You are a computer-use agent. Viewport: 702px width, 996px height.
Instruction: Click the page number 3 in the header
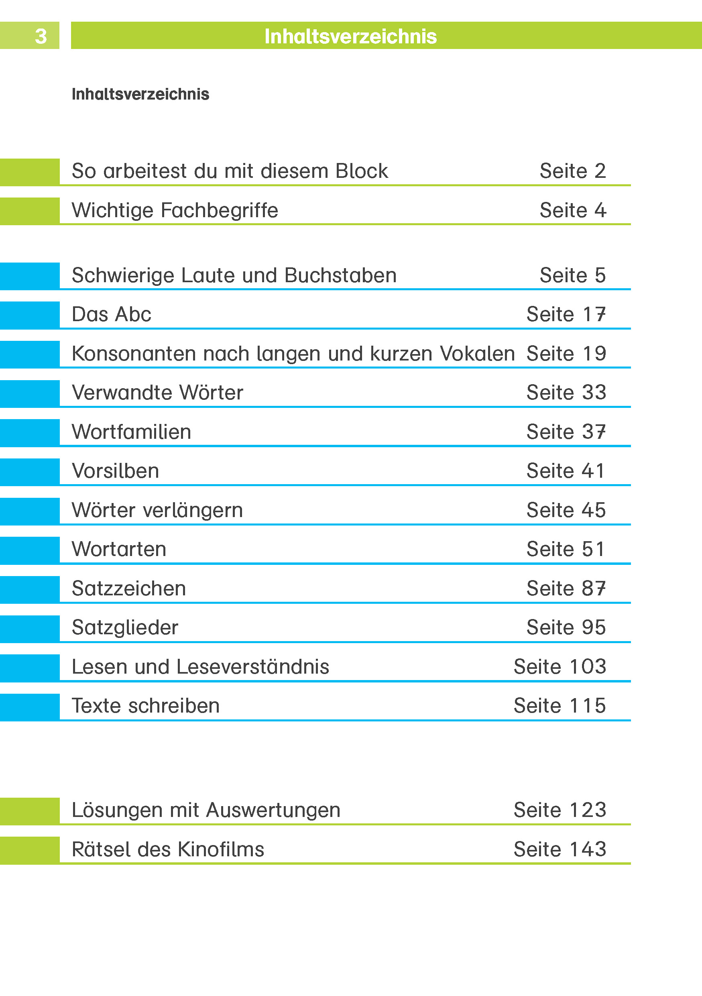pyautogui.click(x=41, y=36)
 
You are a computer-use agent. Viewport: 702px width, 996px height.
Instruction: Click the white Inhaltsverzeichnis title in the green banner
pyautogui.click(x=350, y=37)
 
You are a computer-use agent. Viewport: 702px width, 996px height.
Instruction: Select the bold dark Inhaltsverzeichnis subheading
pyautogui.click(x=140, y=94)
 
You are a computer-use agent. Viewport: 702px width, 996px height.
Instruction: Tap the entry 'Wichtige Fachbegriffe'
pyautogui.click(x=175, y=210)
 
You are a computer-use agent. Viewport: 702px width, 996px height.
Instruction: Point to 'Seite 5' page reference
pyautogui.click(x=572, y=275)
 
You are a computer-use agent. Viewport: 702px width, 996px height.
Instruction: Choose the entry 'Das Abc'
pyautogui.click(x=112, y=314)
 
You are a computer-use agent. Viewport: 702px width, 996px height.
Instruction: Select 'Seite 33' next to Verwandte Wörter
pyautogui.click(x=566, y=393)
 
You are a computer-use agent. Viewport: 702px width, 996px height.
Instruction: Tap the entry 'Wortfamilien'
pyautogui.click(x=131, y=432)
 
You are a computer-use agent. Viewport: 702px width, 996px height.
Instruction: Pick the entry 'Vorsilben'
pyautogui.click(x=115, y=471)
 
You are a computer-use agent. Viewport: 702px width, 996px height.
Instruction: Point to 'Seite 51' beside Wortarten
pyautogui.click(x=566, y=549)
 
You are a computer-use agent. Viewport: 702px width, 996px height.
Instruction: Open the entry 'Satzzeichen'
pyautogui.click(x=129, y=589)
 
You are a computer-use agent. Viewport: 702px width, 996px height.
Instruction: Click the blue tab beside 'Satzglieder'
pyautogui.click(x=29, y=629)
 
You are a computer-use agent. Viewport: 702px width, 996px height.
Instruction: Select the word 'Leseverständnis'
pyautogui.click(x=253, y=667)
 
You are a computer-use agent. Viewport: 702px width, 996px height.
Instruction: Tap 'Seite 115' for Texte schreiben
pyautogui.click(x=560, y=706)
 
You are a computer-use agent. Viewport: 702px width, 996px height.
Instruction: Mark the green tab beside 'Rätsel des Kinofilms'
pyautogui.click(x=29, y=850)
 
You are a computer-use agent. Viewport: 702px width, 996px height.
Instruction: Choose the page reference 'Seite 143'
pyautogui.click(x=560, y=849)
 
